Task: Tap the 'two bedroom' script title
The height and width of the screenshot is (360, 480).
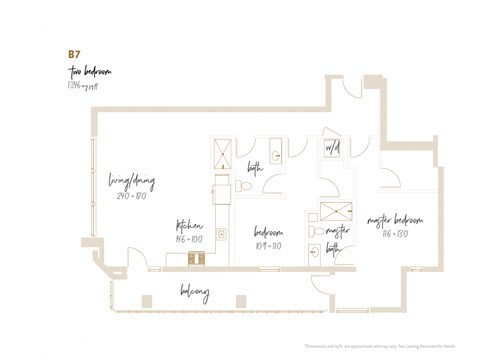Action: (x=87, y=73)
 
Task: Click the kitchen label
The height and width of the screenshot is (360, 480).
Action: (x=190, y=225)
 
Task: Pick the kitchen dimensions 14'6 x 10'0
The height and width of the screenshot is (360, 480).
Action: (x=190, y=240)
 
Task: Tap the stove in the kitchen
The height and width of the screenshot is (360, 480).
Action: (x=196, y=258)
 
